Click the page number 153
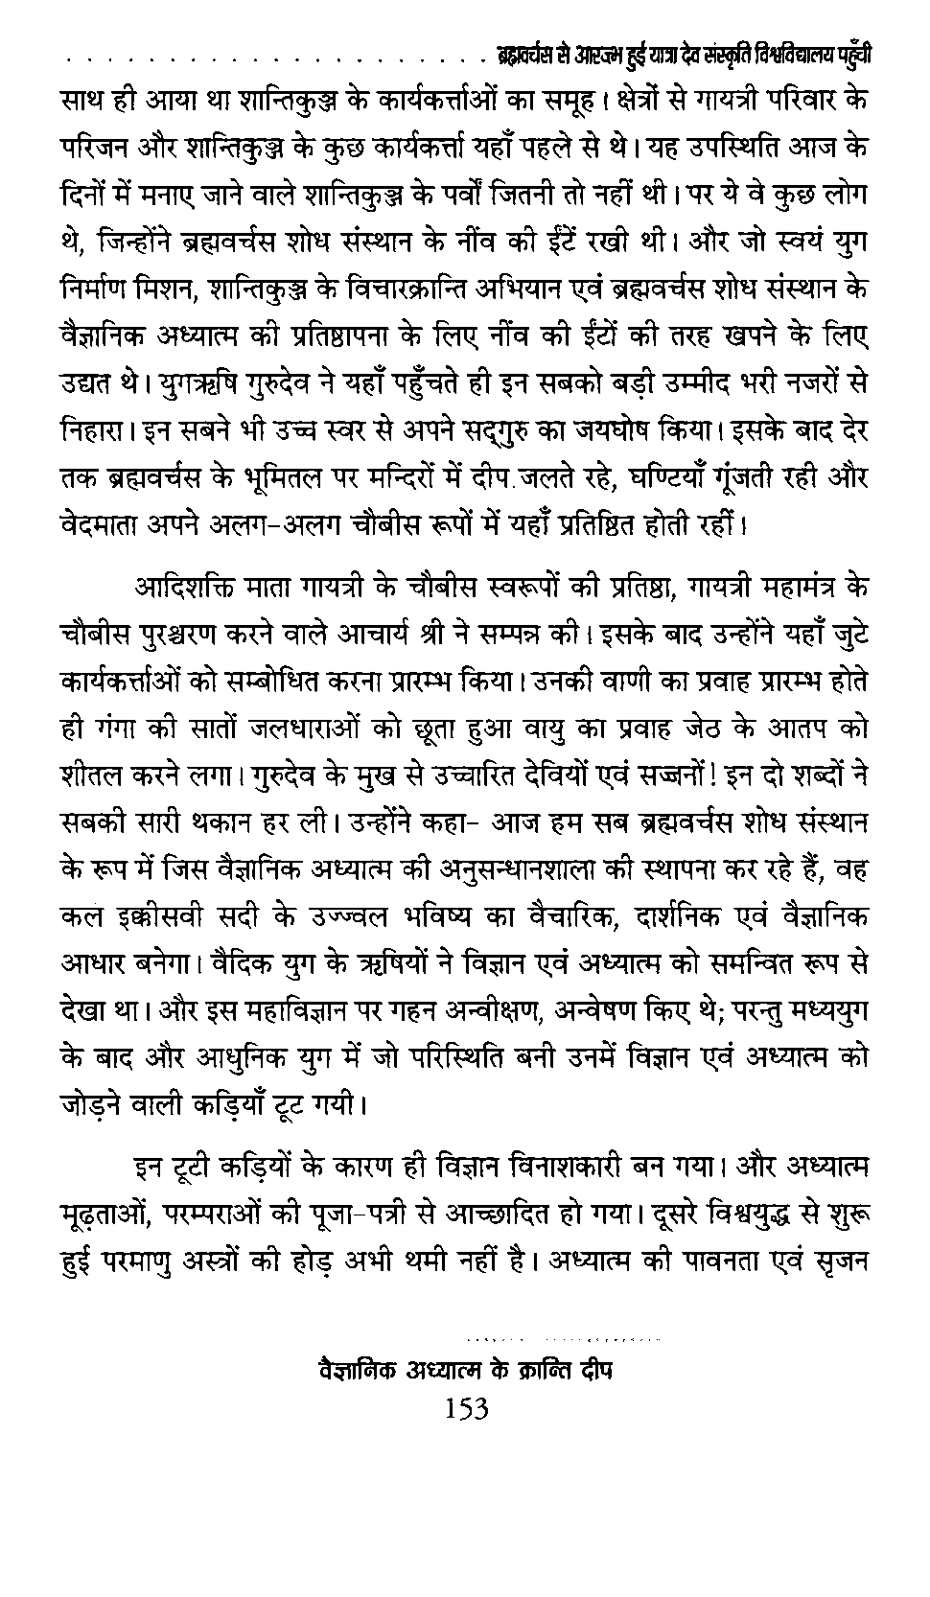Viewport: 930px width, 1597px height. pos(467,1409)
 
